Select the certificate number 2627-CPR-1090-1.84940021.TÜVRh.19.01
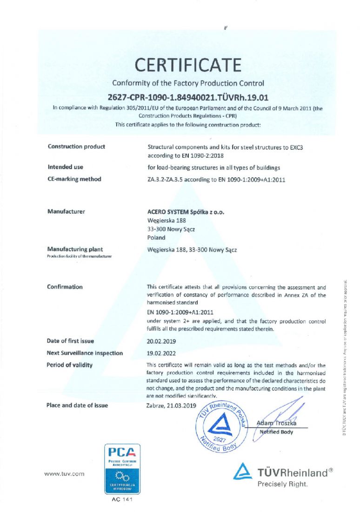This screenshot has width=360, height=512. pos(188,98)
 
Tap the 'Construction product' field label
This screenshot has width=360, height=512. pos(76,147)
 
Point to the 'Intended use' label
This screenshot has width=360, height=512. pos(66,167)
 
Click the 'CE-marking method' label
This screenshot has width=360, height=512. pos(74,179)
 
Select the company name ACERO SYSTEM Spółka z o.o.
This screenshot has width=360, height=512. pos(186,212)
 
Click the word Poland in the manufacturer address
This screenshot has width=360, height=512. pos(156,237)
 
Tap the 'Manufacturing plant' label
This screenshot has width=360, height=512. pos(75,249)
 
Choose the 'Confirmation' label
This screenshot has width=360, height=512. pos(65,287)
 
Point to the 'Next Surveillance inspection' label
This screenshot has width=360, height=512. pos(85,353)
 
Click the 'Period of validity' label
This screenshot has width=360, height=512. pos(70,365)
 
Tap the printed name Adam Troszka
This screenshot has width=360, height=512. pos(276,424)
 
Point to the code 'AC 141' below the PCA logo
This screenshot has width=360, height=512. pos(122,499)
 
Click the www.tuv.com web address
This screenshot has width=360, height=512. pos(64,474)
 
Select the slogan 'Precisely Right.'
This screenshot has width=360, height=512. pos(282,485)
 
